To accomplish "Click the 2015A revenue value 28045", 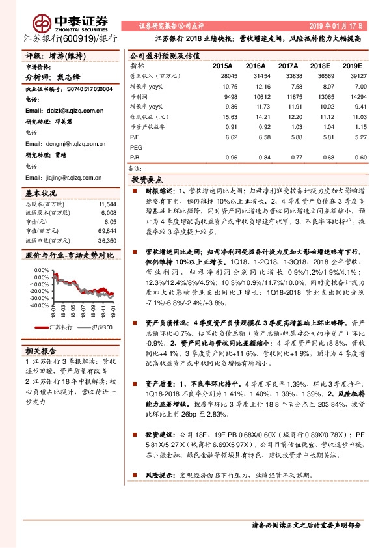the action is coord(222,75).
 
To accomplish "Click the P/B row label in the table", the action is coord(135,157).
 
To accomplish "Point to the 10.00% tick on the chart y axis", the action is coord(38,269).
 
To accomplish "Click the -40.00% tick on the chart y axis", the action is coord(38,305).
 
